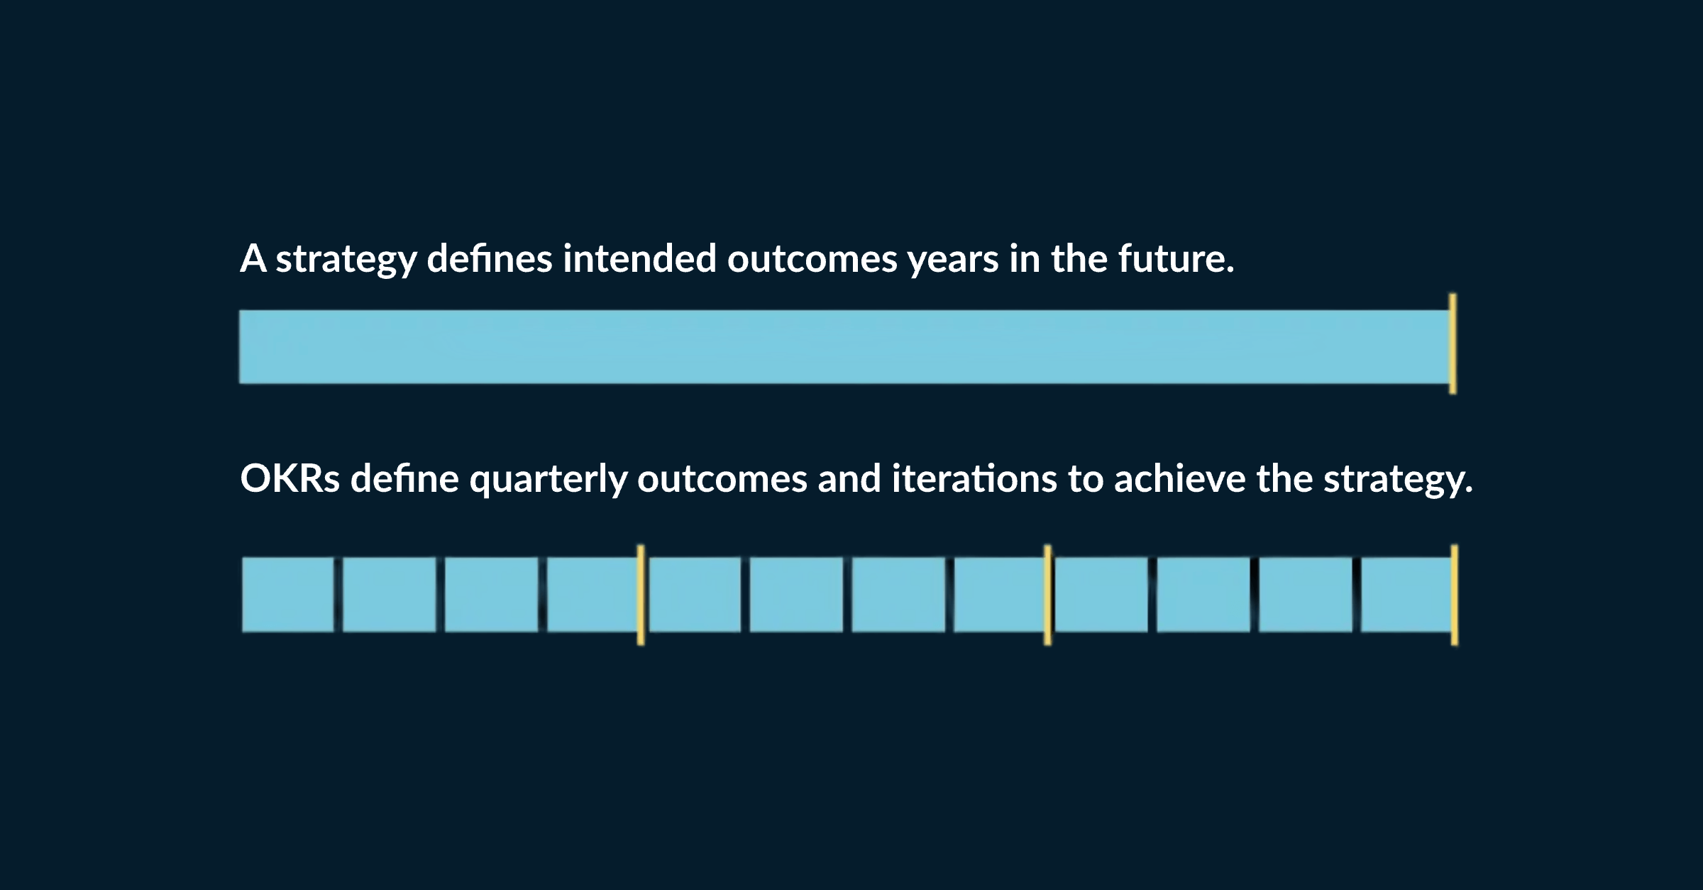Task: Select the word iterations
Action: point(974,479)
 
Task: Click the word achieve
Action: point(1179,479)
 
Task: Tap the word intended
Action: point(639,259)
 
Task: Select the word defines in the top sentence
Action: point(489,259)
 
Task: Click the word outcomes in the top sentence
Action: point(812,259)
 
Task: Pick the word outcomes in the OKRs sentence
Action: point(722,479)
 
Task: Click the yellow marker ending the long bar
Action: point(1453,344)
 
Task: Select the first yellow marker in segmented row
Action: point(641,595)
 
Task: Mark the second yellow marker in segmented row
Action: point(1047,595)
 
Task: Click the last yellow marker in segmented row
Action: point(1454,595)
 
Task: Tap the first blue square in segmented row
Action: point(287,595)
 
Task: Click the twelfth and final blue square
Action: point(1405,595)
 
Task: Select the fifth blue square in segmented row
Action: point(695,595)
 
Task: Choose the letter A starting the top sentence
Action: point(253,259)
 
